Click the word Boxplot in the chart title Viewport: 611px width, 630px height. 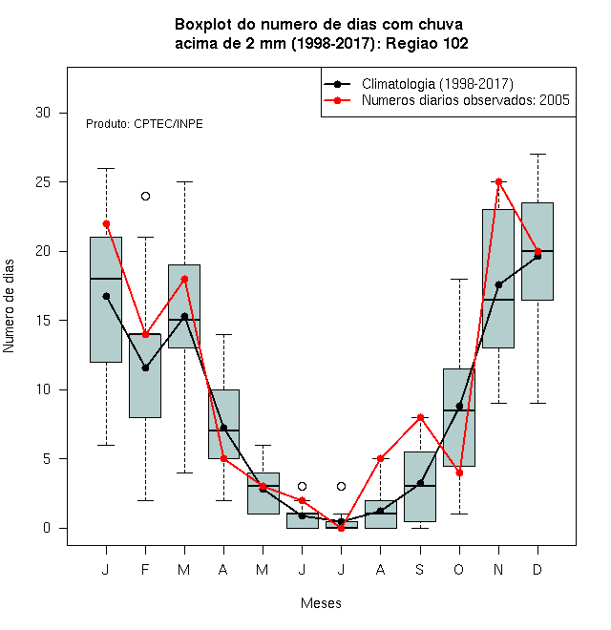click(203, 25)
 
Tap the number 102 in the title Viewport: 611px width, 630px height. click(454, 43)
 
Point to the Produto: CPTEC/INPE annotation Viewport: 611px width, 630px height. click(144, 124)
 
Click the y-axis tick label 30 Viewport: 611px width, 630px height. click(43, 113)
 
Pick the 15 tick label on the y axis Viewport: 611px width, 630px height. click(43, 321)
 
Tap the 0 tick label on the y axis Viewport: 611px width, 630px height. click(47, 528)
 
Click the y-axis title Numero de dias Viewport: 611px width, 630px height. click(9, 306)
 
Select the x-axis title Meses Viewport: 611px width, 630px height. click(321, 603)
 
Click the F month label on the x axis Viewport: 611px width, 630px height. click(145, 569)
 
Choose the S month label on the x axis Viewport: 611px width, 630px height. click(419, 569)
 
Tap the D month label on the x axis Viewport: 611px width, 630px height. click(537, 569)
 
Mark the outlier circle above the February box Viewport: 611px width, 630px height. click(145, 196)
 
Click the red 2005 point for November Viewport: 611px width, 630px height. click(499, 182)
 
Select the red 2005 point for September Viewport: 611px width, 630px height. click(420, 417)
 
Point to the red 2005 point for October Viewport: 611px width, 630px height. click(459, 472)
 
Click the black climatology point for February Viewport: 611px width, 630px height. click(145, 367)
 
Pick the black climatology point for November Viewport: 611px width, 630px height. click(499, 284)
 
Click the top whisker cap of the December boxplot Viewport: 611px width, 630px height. click(537, 154)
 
